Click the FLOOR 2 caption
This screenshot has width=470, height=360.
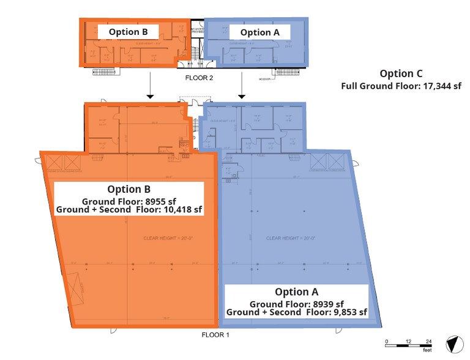[199, 78]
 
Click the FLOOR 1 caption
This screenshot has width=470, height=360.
[215, 335]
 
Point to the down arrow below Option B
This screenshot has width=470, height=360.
[149, 89]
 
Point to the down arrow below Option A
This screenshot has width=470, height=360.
[242, 89]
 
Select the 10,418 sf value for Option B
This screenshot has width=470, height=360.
[177, 209]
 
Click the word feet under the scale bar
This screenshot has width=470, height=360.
[426, 351]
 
